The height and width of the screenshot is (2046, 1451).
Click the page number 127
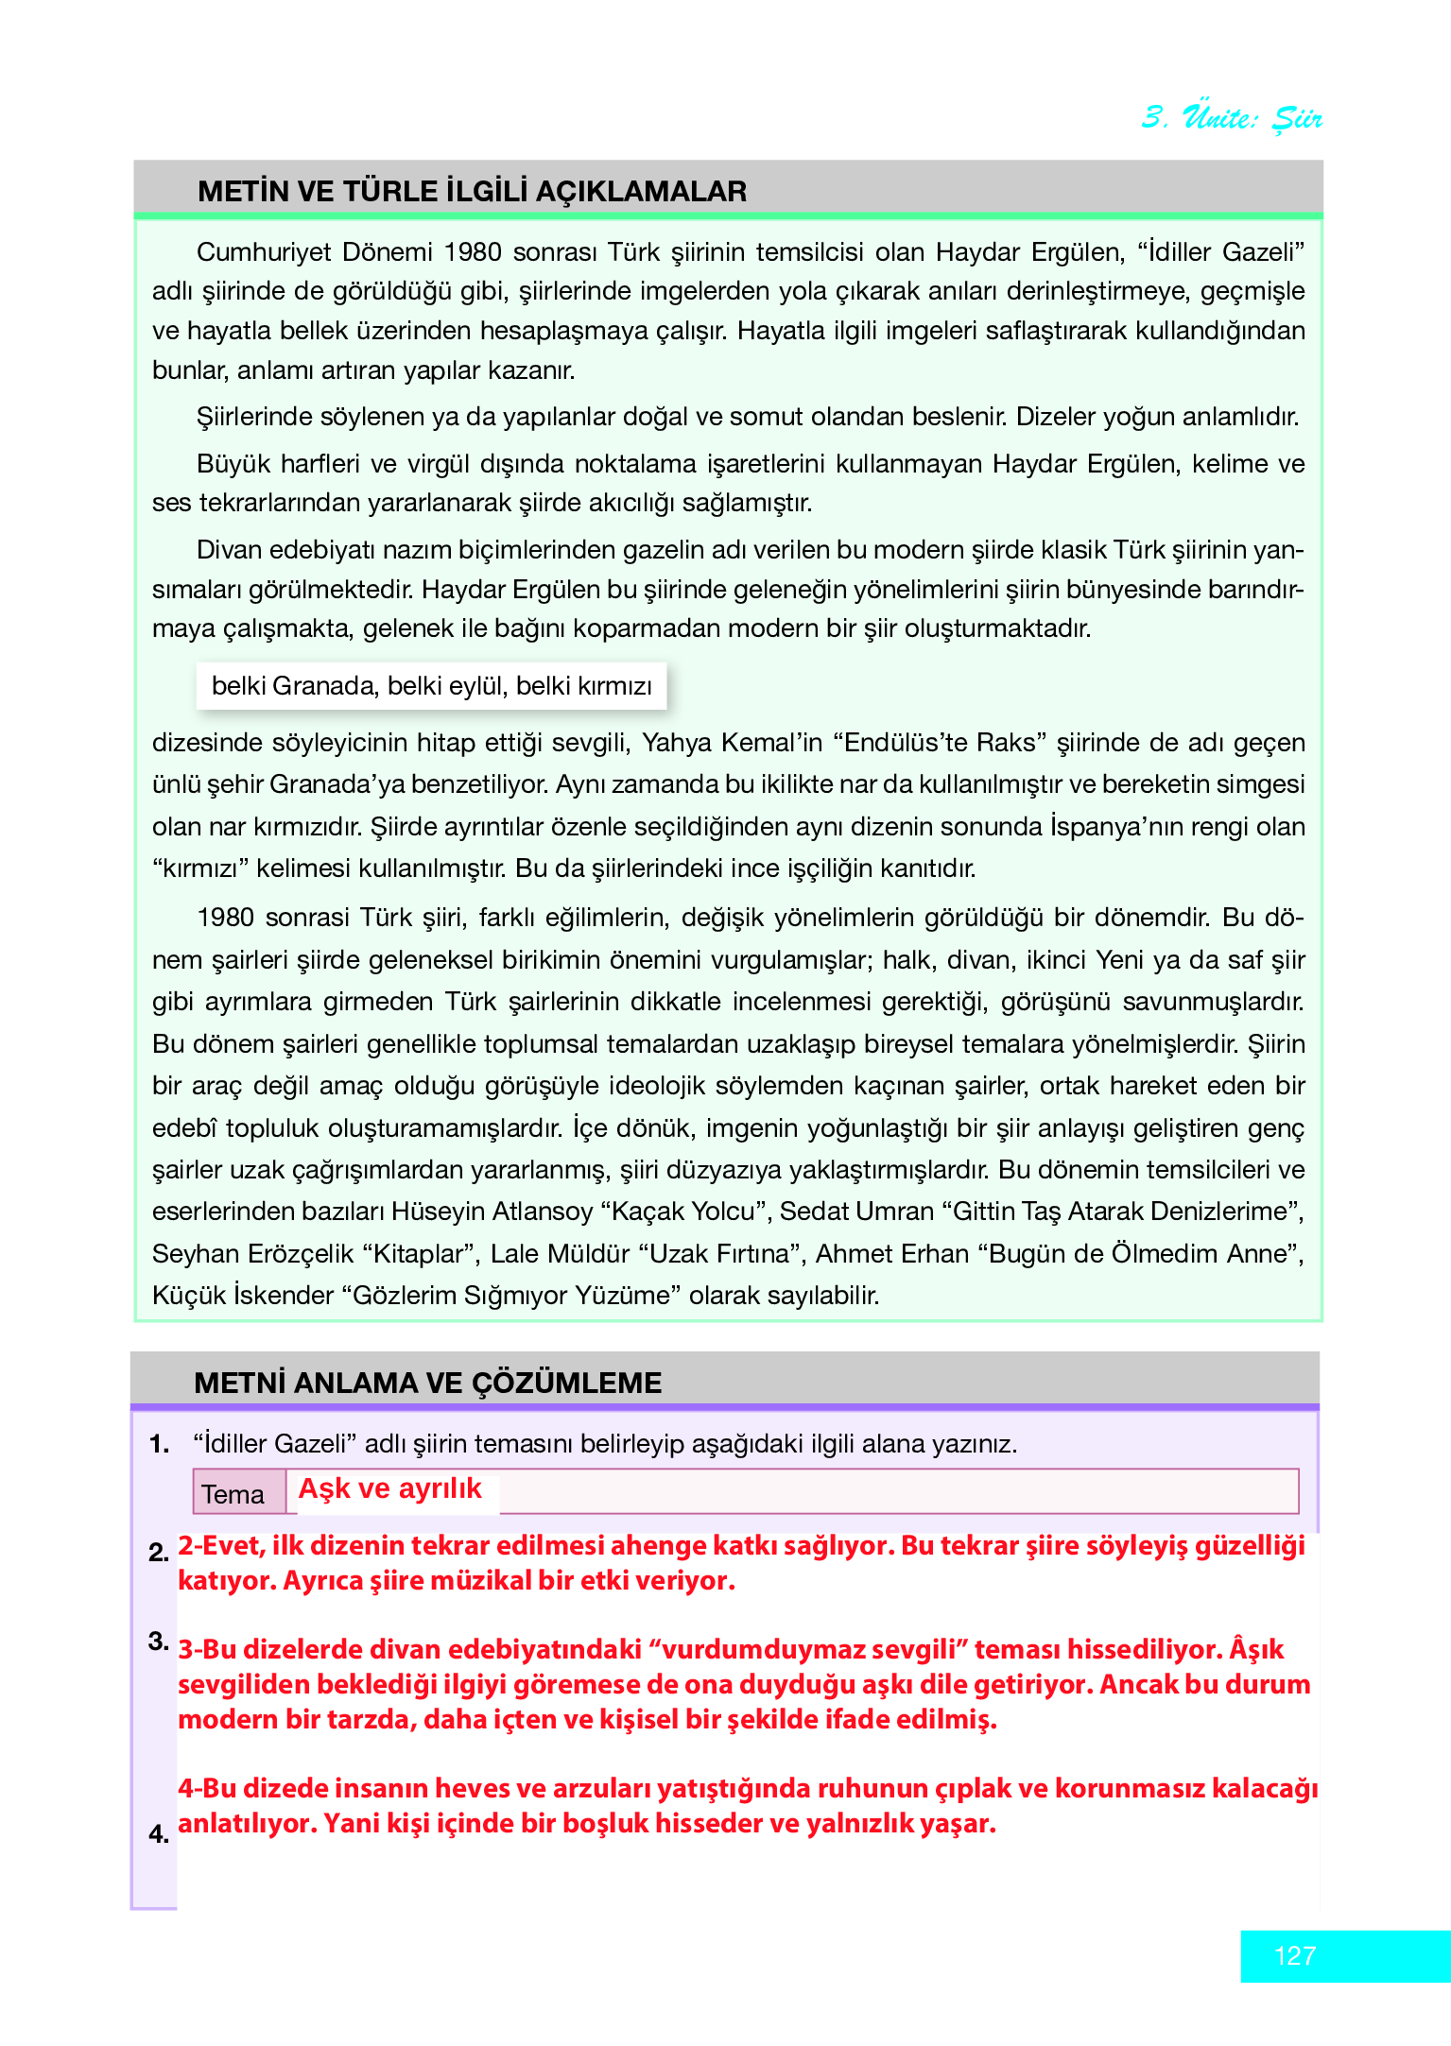1294,1955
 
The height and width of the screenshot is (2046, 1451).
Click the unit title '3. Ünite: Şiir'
1232,117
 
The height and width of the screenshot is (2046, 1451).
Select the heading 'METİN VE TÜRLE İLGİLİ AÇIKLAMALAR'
472,192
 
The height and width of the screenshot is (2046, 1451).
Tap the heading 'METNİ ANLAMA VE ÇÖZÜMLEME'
427,1383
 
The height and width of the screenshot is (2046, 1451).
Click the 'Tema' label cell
233,1494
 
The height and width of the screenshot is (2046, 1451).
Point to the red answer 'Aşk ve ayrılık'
389,1489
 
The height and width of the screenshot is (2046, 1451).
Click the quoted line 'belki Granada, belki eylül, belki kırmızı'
431,686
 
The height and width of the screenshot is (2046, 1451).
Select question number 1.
159,1444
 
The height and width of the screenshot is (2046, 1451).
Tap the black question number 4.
159,1834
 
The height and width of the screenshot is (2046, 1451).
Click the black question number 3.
159,1642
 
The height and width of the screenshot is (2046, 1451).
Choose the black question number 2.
159,1552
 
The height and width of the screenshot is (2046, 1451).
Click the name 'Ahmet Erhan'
892,1254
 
